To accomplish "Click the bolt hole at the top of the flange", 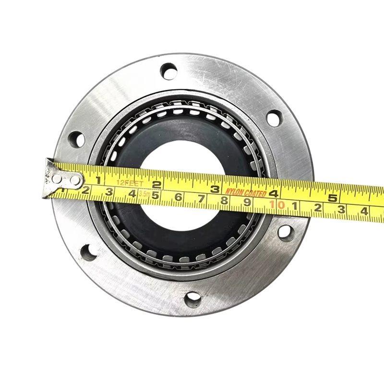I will point(168,71).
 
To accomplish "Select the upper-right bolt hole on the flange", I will point(274,118).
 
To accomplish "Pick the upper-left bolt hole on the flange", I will point(77,140).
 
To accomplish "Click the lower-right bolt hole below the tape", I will point(285,232).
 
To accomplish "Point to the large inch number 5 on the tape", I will point(332,197).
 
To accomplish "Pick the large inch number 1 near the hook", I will point(98,180).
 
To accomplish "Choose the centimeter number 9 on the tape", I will point(247,203).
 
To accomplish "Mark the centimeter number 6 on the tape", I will point(178,197).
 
